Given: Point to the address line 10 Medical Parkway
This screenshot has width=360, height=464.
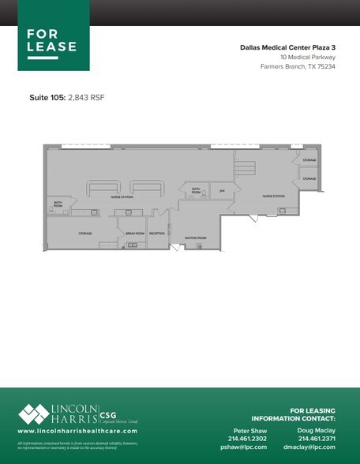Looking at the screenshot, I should (x=307, y=57).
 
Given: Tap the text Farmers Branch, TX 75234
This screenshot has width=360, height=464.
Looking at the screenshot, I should (x=298, y=66).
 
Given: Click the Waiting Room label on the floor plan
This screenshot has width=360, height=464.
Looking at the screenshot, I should (x=196, y=237).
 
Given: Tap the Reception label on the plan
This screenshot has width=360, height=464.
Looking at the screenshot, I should (x=157, y=234).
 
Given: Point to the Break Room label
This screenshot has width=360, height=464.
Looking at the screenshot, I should (x=135, y=234).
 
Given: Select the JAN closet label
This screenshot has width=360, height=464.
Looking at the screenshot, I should (x=223, y=190).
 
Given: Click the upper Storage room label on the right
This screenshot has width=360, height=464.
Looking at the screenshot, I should (x=309, y=160).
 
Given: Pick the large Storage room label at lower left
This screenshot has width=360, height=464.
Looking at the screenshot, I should (x=85, y=234).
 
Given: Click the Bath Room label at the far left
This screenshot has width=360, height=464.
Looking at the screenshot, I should (x=58, y=204).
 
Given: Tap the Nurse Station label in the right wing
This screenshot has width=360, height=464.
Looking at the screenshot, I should (x=261, y=196).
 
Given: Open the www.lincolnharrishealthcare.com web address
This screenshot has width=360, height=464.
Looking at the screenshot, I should (x=77, y=432).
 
